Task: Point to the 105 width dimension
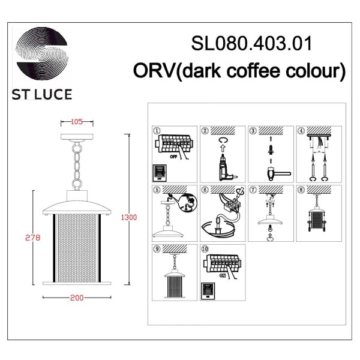tap(76, 121)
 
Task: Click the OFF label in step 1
tap(175, 154)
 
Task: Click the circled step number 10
tap(205, 248)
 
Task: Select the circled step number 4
tap(301, 131)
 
